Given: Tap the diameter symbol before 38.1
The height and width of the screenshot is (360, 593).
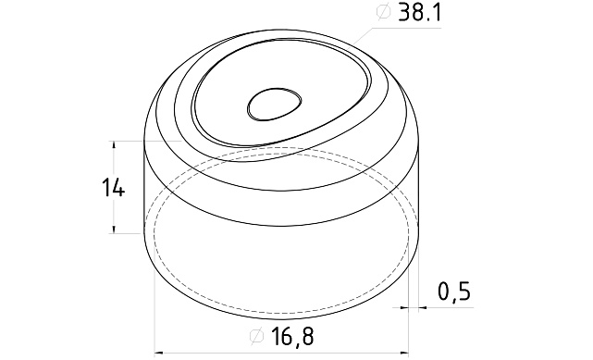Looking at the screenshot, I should click(x=380, y=13).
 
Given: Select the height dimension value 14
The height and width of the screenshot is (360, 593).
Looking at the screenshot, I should click(x=115, y=188).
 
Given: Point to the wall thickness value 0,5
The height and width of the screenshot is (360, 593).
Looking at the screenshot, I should click(x=454, y=292).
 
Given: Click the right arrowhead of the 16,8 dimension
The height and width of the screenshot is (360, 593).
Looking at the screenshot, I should click(x=409, y=352).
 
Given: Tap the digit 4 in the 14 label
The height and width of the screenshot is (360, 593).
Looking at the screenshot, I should click(x=121, y=188).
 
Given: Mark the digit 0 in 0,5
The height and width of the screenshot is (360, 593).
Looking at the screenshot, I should click(x=443, y=292).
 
